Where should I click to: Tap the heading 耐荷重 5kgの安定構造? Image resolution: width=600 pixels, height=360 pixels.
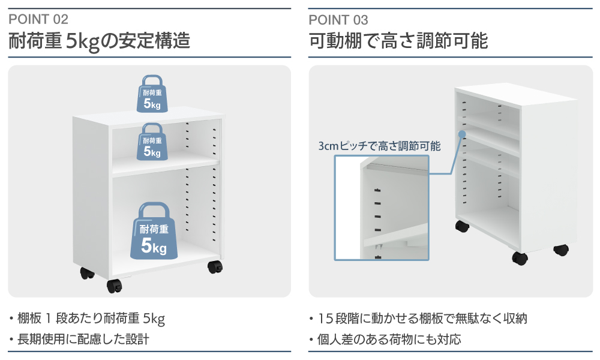point(99,41)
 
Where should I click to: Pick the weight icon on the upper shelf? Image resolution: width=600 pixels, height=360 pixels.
point(152,142)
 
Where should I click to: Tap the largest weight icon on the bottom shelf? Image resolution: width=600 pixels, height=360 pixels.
point(154,232)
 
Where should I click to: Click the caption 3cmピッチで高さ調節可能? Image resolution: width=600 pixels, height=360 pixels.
point(380,146)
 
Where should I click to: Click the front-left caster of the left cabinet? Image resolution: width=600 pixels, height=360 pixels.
point(114,285)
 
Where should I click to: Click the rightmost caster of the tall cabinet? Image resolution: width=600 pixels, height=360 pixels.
point(560,249)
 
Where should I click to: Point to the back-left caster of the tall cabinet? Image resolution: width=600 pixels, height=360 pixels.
point(461,227)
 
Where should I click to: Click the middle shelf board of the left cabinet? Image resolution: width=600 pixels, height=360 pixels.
point(165,166)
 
